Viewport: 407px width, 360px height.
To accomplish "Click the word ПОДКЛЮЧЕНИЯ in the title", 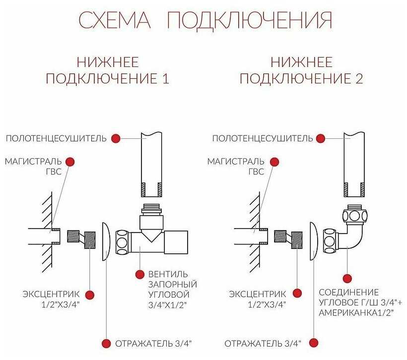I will (249, 21).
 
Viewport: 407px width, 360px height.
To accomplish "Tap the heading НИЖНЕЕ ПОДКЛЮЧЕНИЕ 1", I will (108, 70).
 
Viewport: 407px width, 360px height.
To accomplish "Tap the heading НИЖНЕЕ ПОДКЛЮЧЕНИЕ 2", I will (302, 70).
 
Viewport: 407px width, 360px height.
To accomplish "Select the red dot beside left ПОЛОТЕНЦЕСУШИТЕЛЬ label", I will (116, 138).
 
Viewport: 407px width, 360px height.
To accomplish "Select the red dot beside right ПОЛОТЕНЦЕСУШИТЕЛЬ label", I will (322, 138).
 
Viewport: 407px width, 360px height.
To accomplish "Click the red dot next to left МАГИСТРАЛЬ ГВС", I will (70, 162).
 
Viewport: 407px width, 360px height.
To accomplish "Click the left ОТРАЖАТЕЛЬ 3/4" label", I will (154, 343).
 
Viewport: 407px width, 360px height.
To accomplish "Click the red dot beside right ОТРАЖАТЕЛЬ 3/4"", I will (314, 343).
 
